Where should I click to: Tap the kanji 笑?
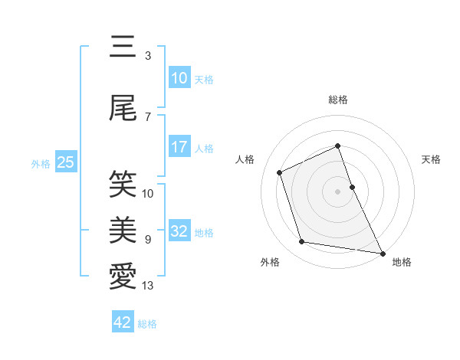[x=123, y=184]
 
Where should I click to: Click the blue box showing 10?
[x=179, y=78]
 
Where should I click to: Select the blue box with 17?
[x=179, y=147]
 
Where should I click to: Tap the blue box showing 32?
[x=179, y=232]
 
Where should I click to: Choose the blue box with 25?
[x=65, y=162]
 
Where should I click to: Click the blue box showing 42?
[x=123, y=322]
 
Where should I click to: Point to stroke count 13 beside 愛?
[x=148, y=286]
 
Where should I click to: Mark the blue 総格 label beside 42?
[x=147, y=324]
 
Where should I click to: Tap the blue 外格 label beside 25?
[x=41, y=163]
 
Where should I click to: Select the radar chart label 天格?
[x=431, y=159]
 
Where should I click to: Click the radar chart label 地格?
[x=402, y=262]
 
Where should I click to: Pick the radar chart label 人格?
[x=245, y=159]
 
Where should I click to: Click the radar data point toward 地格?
[x=382, y=252]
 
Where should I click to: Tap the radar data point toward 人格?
[x=280, y=172]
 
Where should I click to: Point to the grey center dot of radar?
[x=337, y=191]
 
